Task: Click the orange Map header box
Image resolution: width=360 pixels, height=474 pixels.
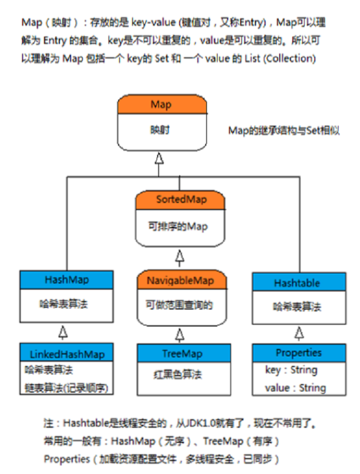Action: (x=161, y=105)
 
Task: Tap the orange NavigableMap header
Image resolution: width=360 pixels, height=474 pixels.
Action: (x=182, y=280)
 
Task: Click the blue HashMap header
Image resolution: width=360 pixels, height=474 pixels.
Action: (x=66, y=280)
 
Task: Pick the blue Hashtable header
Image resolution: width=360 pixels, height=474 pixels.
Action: (x=297, y=283)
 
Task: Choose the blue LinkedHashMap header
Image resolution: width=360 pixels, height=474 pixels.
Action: (x=66, y=354)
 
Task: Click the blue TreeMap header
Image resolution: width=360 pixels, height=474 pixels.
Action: (x=182, y=354)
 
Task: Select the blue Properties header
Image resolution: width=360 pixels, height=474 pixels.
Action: (x=298, y=353)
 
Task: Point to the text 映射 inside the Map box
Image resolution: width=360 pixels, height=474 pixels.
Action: (x=161, y=130)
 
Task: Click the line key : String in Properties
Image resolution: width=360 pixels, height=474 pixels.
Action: (x=291, y=371)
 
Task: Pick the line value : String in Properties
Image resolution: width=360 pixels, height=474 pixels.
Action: (x=296, y=388)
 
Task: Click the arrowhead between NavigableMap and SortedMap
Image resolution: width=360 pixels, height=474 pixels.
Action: (x=180, y=256)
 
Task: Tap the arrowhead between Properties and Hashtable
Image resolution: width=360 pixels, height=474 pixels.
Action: (x=298, y=331)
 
